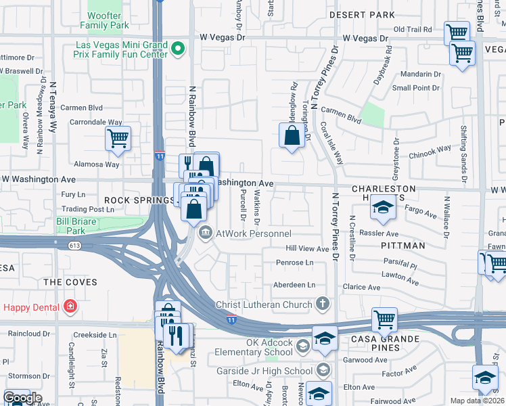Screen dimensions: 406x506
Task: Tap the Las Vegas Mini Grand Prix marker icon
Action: pyautogui.click(x=178, y=48)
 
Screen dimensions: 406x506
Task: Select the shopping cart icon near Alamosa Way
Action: pyautogui.click(x=118, y=139)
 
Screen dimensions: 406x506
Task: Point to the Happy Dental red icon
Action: pyautogui.click(x=70, y=307)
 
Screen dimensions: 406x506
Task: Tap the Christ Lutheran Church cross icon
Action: pyautogui.click(x=323, y=304)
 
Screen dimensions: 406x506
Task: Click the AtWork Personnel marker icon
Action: pyautogui.click(x=205, y=233)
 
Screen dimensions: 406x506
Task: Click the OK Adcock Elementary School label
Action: pyautogui.click(x=255, y=347)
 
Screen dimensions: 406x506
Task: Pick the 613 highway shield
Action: pyautogui.click(x=73, y=246)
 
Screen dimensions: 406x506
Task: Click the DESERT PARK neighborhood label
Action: pyautogui.click(x=361, y=14)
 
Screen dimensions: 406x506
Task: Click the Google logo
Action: pyautogui.click(x=22, y=398)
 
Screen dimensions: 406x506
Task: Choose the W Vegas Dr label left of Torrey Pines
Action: pyautogui.click(x=221, y=38)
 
